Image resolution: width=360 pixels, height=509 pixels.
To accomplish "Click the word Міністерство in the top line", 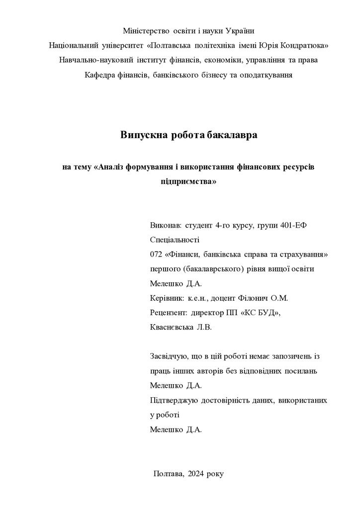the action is point(147,30).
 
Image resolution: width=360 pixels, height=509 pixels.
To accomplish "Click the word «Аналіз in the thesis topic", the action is point(111,167).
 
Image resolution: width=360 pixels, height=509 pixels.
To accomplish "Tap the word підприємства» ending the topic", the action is point(189,181).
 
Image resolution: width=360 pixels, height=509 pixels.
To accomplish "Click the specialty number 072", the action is point(156,254).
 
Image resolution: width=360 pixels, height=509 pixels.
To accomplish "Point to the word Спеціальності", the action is point(174,240).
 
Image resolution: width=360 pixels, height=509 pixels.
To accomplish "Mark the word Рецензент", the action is point(168,313).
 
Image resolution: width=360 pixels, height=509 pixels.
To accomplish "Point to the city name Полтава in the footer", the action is point(169,473).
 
